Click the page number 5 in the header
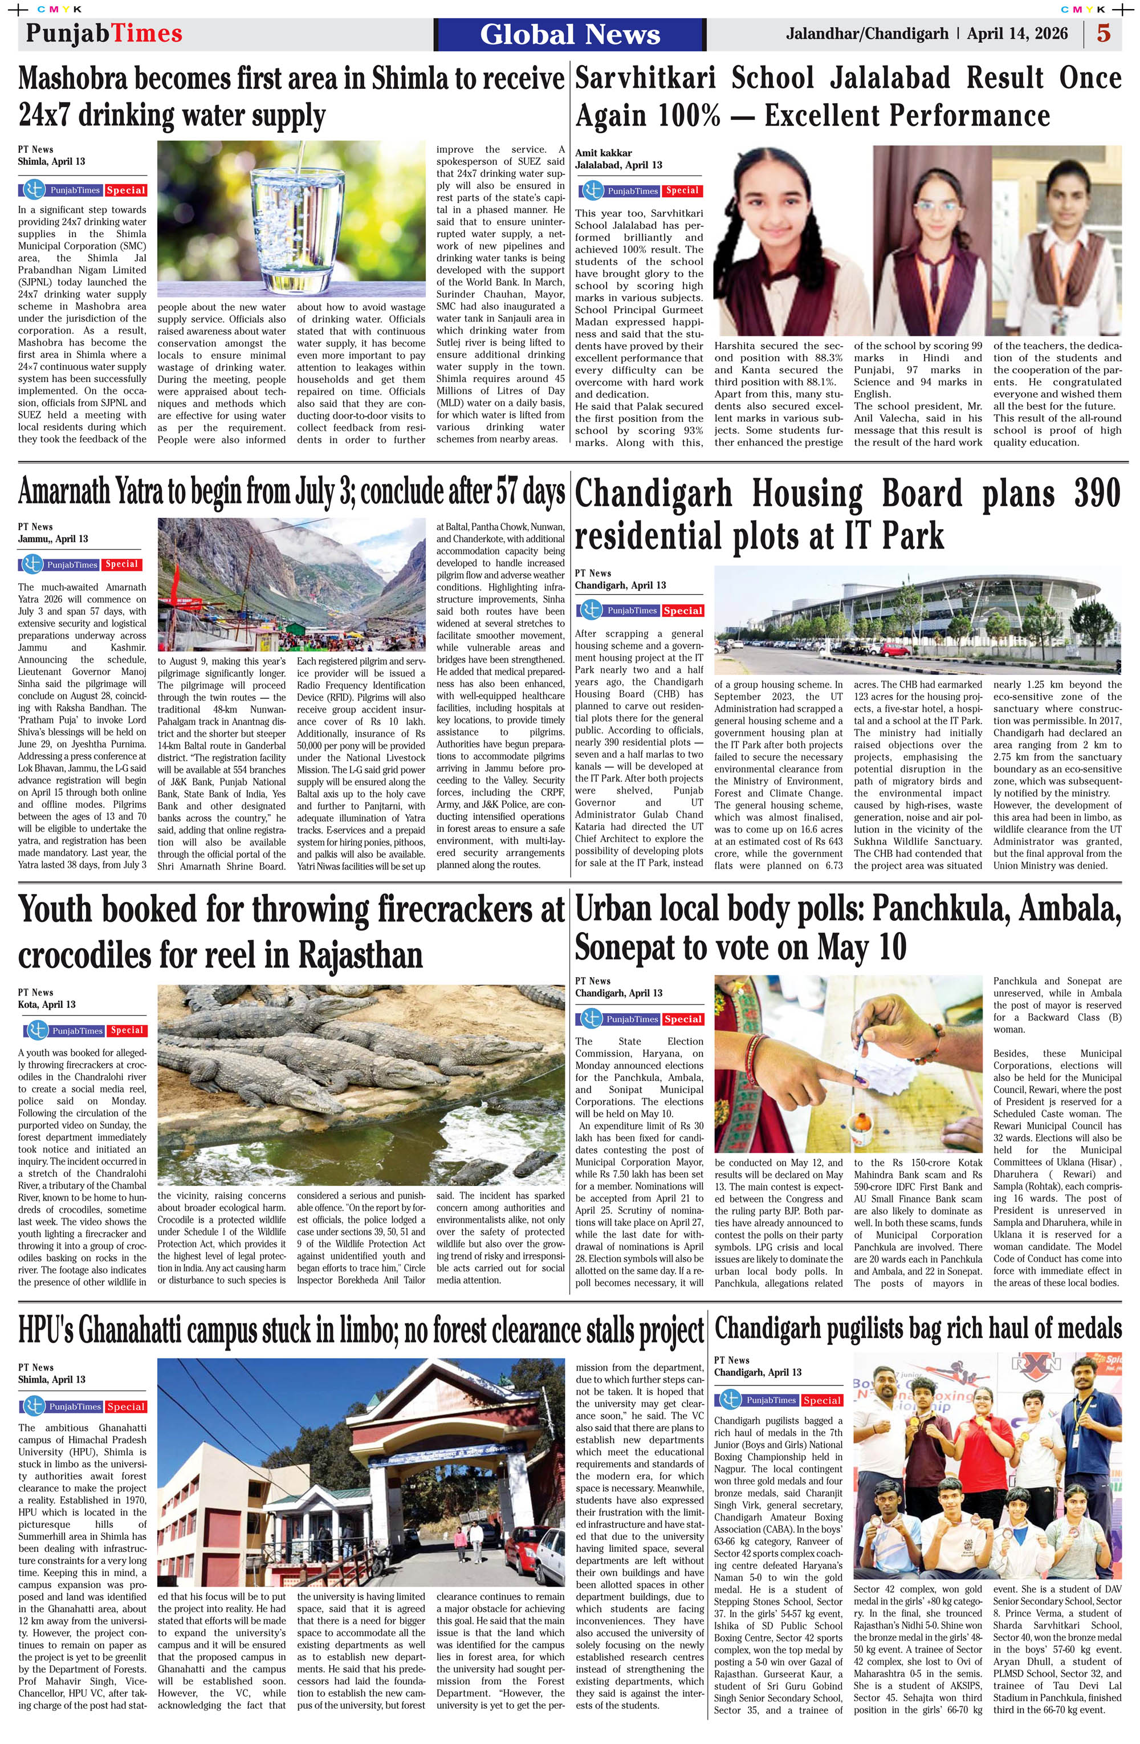click(x=1104, y=34)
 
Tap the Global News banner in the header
click(x=570, y=34)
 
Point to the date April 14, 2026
click(x=1017, y=34)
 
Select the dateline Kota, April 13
click(x=47, y=1004)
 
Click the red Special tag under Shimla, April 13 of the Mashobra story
click(x=125, y=190)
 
